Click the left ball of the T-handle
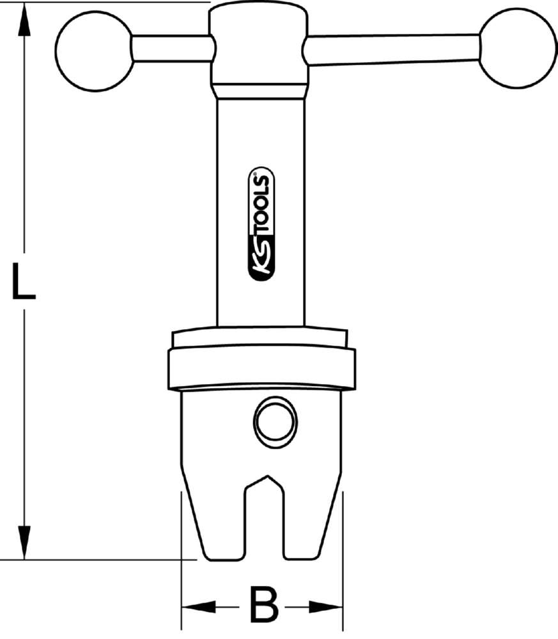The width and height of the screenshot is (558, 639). pos(93,49)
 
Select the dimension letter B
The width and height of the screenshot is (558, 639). pos(263,604)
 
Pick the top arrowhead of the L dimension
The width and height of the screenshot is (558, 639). pos(24,26)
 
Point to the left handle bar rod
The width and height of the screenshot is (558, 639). pos(171,49)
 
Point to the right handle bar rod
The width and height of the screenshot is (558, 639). pos(391,50)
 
